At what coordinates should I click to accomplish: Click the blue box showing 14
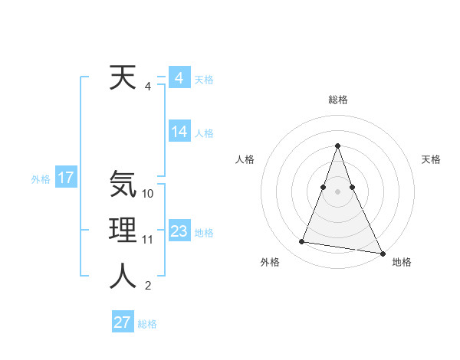tap(179, 132)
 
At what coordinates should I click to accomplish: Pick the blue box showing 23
tap(179, 231)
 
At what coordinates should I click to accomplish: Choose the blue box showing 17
tap(65, 178)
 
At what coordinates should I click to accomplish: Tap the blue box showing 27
tap(122, 322)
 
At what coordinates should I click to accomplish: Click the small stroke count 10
tap(148, 194)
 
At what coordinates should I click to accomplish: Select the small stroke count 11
tap(148, 240)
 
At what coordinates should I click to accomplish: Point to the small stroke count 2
tap(148, 286)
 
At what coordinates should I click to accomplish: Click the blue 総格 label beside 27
tap(147, 324)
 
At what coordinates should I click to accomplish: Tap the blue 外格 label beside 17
tap(41, 179)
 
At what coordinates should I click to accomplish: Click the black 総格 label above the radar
tap(338, 100)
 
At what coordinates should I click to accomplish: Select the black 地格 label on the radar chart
tap(402, 262)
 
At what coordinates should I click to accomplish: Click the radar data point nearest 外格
tap(302, 242)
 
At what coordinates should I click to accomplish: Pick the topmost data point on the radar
tap(337, 146)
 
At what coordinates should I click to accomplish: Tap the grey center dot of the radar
tap(337, 191)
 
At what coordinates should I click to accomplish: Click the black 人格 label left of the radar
tap(245, 159)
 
